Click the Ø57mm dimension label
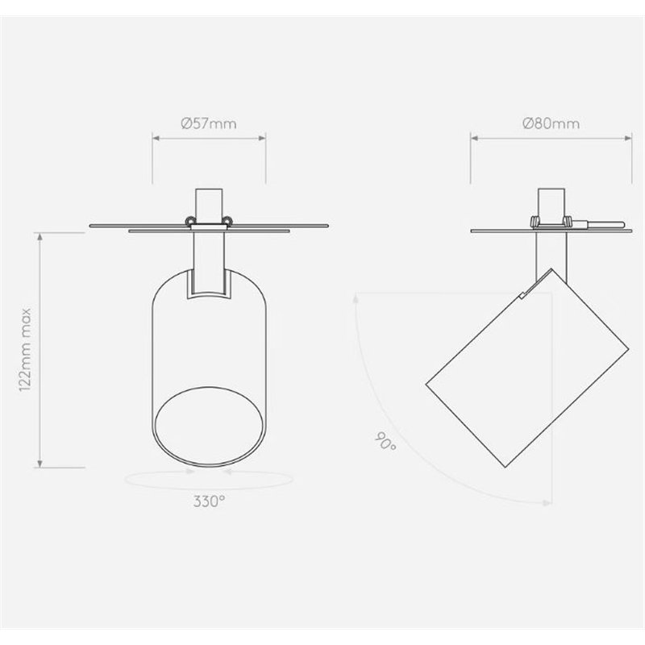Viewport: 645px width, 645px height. (209, 123)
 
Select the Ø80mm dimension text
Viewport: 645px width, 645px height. (551, 123)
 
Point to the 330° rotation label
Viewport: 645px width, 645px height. (209, 501)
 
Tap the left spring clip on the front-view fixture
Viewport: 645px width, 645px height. (190, 221)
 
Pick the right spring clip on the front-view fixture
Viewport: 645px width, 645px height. (228, 221)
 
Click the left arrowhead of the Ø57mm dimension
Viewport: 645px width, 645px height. (156, 138)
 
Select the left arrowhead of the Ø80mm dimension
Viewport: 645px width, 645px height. (475, 138)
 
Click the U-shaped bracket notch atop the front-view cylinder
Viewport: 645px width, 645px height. (209, 284)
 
